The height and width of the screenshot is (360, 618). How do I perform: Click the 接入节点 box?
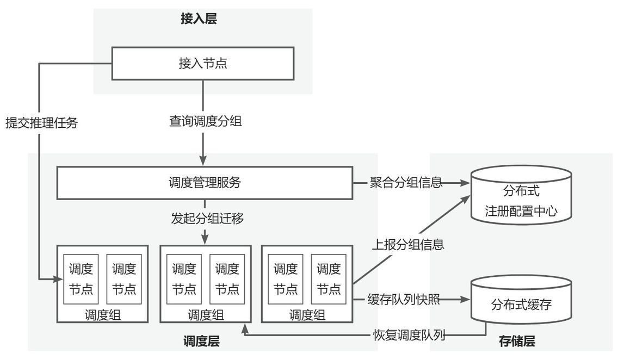tap(202, 63)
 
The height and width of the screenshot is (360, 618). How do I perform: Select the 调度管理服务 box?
tap(205, 183)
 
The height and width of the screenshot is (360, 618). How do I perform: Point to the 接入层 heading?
tap(199, 19)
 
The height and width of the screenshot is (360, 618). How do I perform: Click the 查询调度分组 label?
tap(205, 122)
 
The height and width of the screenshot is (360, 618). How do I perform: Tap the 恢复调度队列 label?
tap(409, 334)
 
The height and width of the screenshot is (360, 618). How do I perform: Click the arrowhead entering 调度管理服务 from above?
tap(203, 162)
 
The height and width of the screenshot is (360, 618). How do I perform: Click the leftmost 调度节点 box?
tap(81, 278)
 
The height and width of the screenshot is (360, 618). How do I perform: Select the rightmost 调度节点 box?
tap(329, 278)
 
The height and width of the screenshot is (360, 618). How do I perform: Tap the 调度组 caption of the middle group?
tap(206, 315)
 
